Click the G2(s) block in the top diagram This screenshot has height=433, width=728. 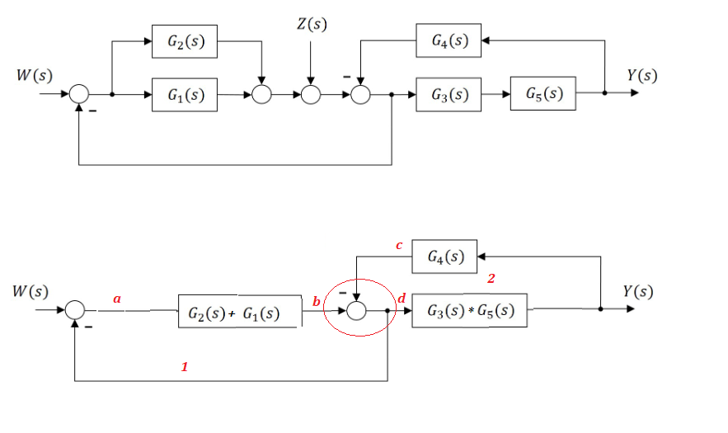pyautogui.click(x=185, y=42)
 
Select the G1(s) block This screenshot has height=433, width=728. pyautogui.click(x=185, y=94)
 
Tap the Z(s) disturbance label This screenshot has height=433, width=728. pyautogui.click(x=311, y=24)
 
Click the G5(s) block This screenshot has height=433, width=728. pyautogui.click(x=542, y=93)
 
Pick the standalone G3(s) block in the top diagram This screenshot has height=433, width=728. pyautogui.click(x=449, y=94)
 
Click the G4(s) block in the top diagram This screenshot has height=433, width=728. pyautogui.click(x=449, y=40)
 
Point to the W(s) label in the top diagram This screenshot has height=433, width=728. pyautogui.click(x=35, y=75)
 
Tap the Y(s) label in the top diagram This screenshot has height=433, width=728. pyautogui.click(x=641, y=75)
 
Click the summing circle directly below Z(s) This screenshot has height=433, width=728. pyautogui.click(x=311, y=95)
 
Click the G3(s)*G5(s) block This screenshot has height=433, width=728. pyautogui.click(x=469, y=311)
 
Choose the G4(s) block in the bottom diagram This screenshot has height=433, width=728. pyautogui.click(x=445, y=257)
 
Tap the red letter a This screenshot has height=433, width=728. pyautogui.click(x=117, y=299)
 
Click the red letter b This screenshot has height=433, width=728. pyautogui.click(x=316, y=302)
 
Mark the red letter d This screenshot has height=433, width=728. pyautogui.click(x=402, y=298)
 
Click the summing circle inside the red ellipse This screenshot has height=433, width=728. pyautogui.click(x=356, y=311)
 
